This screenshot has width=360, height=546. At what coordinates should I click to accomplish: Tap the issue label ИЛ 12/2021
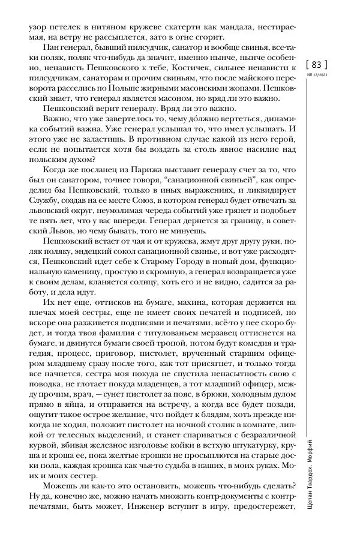317,74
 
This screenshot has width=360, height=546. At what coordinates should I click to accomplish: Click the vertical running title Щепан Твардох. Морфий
317,474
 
